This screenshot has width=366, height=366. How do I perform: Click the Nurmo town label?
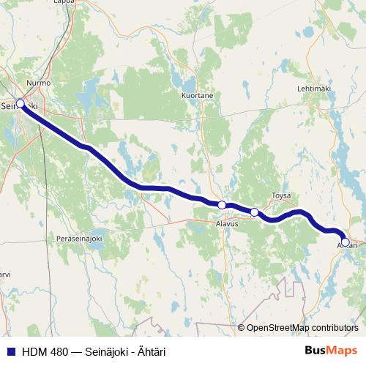pos(38,83)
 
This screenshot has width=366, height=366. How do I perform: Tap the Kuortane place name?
pos(197,95)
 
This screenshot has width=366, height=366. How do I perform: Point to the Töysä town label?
pos(281,195)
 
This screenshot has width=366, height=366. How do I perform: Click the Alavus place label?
pos(227,224)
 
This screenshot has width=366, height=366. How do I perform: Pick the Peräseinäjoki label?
pos(79,239)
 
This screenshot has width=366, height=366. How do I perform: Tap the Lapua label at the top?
pos(43,2)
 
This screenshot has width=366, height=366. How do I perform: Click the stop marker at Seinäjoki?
pos(20,104)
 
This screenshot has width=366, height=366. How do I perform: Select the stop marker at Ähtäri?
pos(346,242)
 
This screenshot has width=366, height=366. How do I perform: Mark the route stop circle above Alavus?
pos(221,205)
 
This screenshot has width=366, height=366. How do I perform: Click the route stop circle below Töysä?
pos(255,212)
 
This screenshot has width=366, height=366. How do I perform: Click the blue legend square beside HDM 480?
pos(10,351)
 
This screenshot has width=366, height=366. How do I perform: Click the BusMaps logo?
pos(331,351)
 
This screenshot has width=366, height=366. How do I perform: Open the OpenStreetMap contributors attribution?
pos(302,328)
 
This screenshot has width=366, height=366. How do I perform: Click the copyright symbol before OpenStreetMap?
pos(241,328)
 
